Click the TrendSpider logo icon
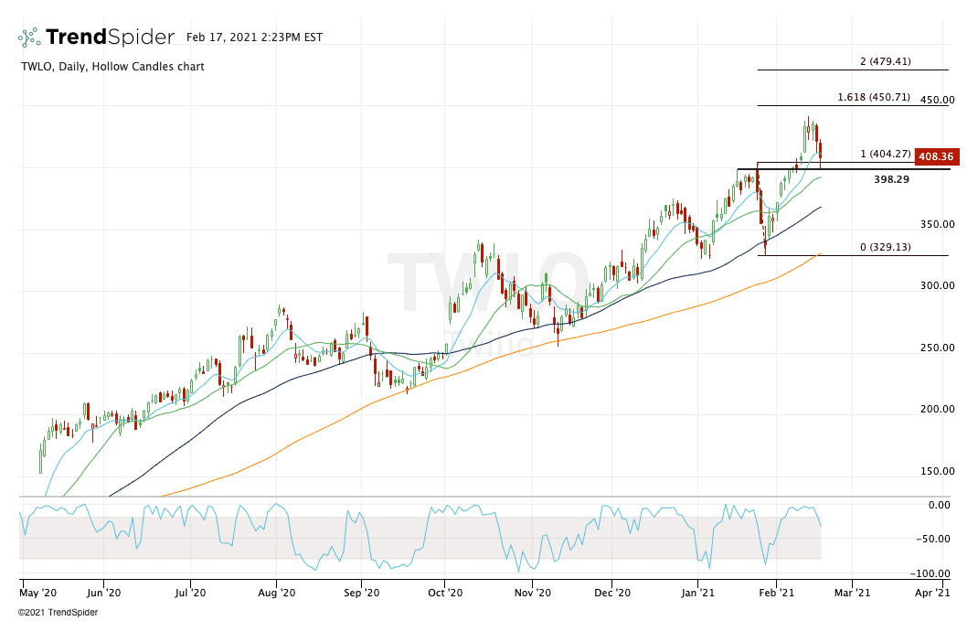[x=29, y=37]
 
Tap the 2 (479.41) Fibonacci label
[x=885, y=62]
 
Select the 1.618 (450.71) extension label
[x=873, y=97]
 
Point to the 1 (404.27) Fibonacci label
[x=885, y=155]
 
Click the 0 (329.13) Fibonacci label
[x=885, y=247]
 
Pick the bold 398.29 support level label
[x=891, y=179]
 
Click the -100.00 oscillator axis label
[x=931, y=573]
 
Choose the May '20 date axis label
[x=39, y=593]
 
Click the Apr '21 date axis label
[x=932, y=593]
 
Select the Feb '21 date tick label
[x=776, y=593]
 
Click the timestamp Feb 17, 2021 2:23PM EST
[x=254, y=37]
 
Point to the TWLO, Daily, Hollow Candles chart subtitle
[x=112, y=67]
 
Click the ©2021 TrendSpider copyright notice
[x=58, y=613]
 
